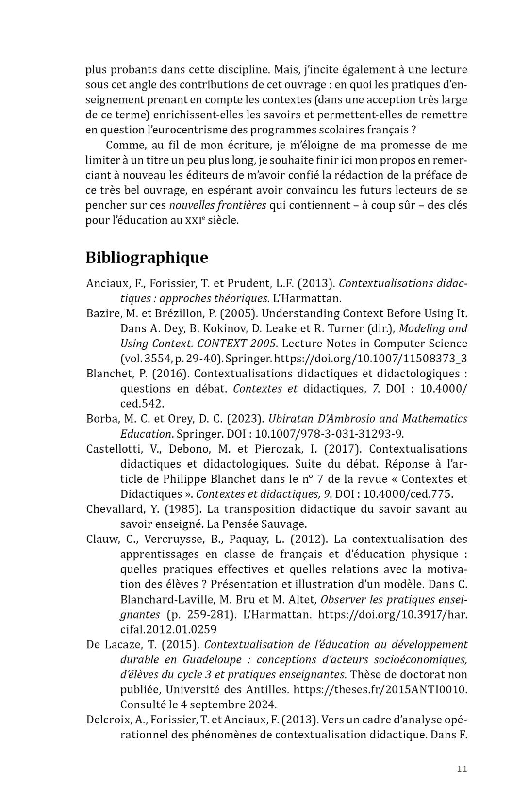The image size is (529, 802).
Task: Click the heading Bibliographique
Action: [147, 257]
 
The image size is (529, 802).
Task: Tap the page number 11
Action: [462, 769]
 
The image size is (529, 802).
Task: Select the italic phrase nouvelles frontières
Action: [217, 205]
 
